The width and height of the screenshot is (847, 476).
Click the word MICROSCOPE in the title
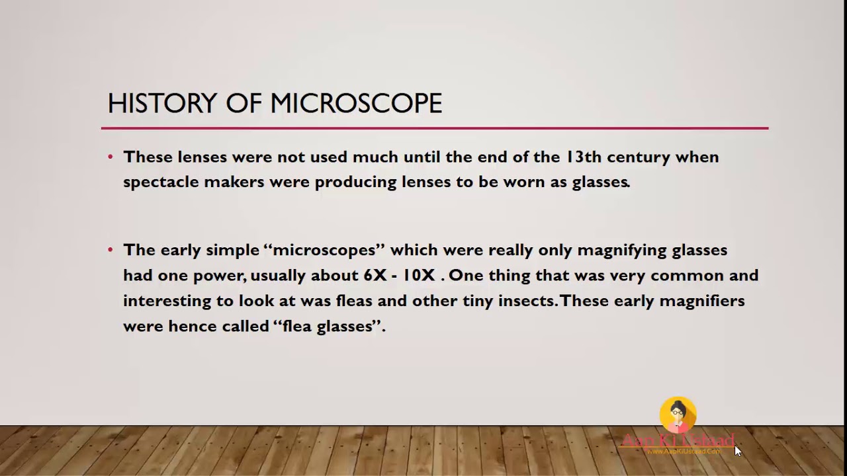click(x=356, y=104)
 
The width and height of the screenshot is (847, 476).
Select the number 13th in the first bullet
click(x=582, y=157)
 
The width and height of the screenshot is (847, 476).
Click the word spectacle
click(x=161, y=182)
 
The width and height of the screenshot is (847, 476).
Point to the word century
click(x=639, y=157)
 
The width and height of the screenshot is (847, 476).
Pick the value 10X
click(x=419, y=275)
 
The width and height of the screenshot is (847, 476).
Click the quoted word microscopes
click(x=324, y=250)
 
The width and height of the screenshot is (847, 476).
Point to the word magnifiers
click(x=702, y=301)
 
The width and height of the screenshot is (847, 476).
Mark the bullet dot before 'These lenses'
click(x=111, y=157)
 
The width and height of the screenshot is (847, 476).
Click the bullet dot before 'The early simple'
click(x=111, y=250)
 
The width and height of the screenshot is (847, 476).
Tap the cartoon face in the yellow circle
click(x=678, y=415)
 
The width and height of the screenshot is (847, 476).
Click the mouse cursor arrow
click(x=737, y=450)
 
